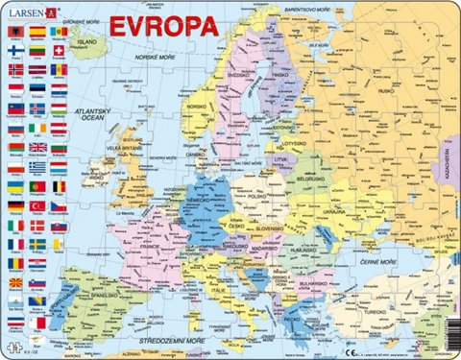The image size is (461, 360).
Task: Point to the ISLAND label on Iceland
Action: click(x=88, y=42)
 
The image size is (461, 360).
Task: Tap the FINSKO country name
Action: click(x=281, y=73)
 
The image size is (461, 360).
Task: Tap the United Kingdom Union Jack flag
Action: click(x=37, y=147)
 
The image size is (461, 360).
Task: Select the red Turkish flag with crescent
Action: click(x=37, y=206)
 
